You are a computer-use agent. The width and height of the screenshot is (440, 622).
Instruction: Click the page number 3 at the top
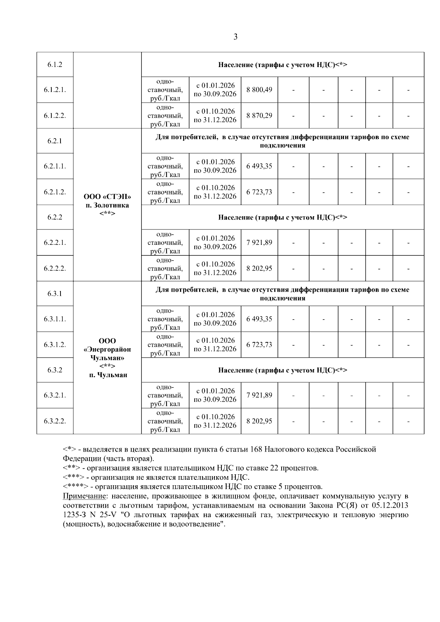click(235, 37)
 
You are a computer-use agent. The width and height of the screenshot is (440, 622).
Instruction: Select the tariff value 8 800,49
click(259, 90)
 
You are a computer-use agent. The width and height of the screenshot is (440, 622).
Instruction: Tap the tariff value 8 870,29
click(259, 115)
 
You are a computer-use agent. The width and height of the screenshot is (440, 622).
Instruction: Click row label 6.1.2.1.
click(55, 90)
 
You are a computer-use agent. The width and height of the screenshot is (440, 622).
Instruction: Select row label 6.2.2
click(55, 217)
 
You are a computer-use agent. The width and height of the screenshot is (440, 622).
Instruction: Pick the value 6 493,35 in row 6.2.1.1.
click(259, 166)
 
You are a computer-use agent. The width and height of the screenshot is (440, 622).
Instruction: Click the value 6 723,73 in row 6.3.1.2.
click(259, 345)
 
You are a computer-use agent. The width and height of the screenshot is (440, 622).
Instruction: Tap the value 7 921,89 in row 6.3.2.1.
click(259, 395)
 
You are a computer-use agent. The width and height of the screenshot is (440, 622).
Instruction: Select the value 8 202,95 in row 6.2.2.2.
click(259, 268)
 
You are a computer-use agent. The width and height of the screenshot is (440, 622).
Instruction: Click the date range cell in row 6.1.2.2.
click(215, 115)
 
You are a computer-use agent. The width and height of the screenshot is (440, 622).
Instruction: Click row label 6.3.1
click(55, 294)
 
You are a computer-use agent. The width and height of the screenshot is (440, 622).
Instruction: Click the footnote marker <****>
click(75, 487)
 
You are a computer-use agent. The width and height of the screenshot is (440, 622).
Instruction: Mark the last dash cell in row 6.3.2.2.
click(408, 421)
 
